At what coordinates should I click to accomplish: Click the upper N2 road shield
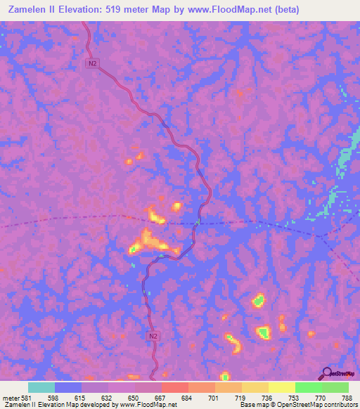(x=92, y=63)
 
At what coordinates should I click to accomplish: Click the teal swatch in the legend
(x=41, y=387)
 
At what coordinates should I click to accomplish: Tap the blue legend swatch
(x=68, y=387)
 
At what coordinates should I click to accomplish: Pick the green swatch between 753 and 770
(x=309, y=387)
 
